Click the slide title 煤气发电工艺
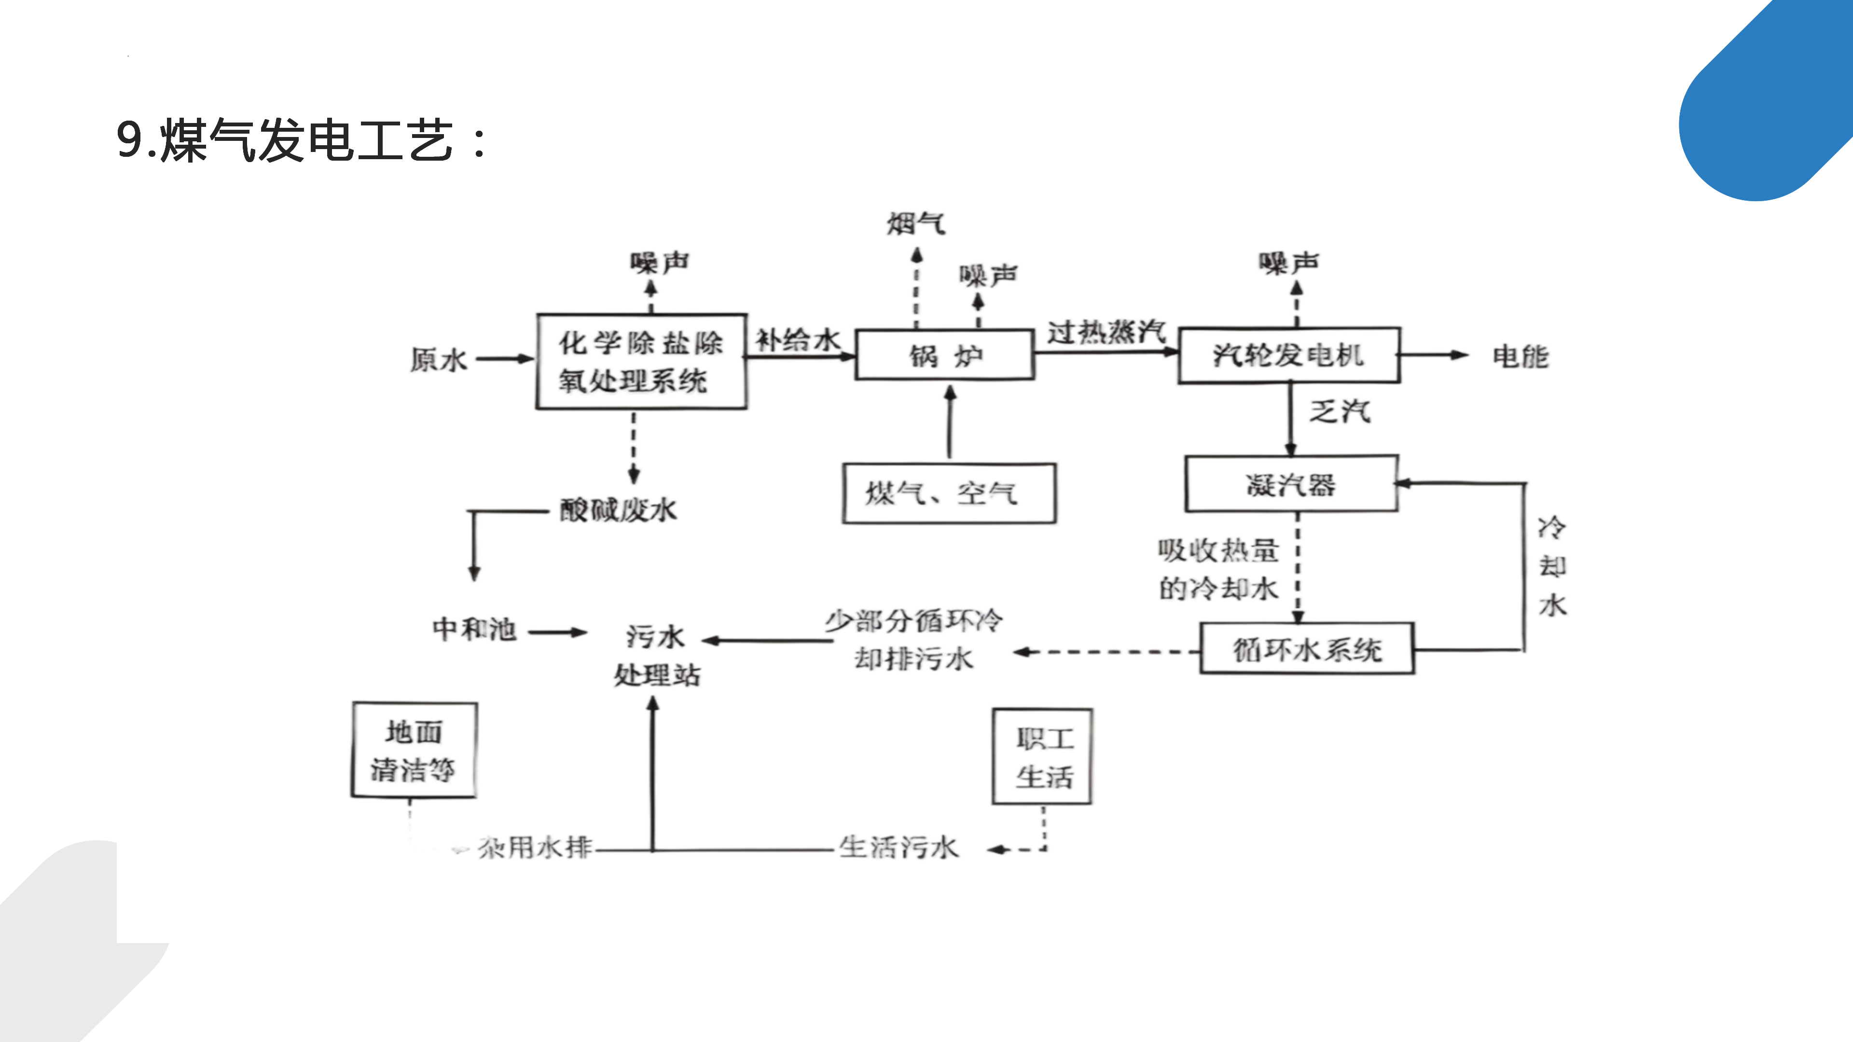302,140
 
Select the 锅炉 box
944,355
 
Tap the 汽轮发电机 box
1288,355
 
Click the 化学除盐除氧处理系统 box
641,362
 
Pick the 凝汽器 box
1291,484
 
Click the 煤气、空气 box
949,494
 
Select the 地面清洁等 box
414,750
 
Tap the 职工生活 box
1042,756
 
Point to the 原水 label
439,359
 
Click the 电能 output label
1520,356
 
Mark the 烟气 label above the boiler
916,224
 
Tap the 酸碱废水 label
619,510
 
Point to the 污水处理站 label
656,655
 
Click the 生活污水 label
899,847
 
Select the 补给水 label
798,340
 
